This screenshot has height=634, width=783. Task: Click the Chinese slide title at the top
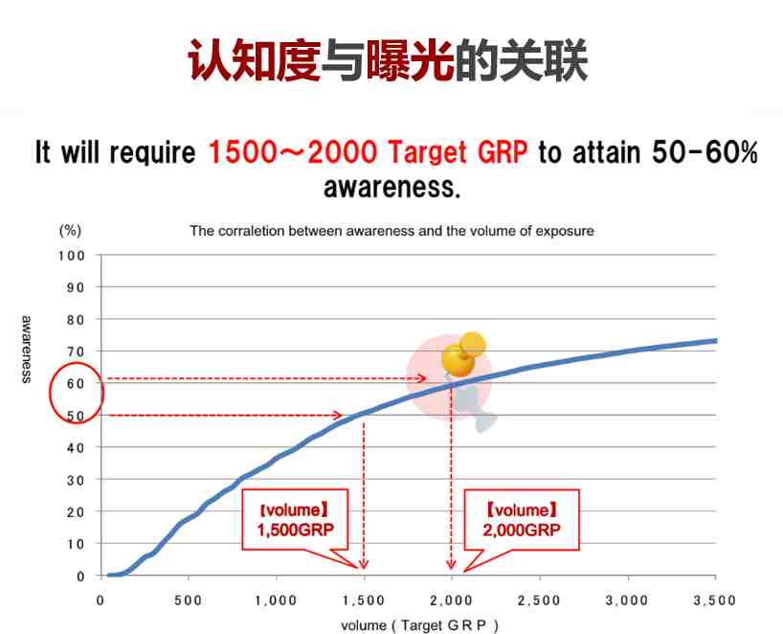coord(388,61)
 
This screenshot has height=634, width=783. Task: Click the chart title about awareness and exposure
coord(392,231)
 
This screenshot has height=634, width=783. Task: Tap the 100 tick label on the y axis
coord(72,256)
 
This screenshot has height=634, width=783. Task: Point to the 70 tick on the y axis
coord(76,351)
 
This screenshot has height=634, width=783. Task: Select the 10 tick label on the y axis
coord(76,544)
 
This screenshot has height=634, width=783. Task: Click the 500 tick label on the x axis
coord(189,600)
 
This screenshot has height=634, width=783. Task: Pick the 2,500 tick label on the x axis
coord(539,600)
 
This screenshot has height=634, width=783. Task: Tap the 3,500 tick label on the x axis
coord(715,600)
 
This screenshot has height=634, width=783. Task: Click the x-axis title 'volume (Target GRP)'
coord(420,625)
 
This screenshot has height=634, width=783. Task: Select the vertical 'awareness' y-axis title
coord(27,350)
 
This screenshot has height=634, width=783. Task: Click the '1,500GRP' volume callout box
coord(295,520)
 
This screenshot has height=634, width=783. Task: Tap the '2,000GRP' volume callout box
coord(522,520)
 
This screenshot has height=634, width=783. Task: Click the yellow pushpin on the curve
coord(463,354)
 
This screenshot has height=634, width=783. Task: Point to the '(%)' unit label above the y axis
coord(70,230)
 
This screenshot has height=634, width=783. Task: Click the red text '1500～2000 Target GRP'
coord(368,152)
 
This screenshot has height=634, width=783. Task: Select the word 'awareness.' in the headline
coord(391,187)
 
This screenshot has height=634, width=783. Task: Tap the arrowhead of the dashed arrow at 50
coord(338,416)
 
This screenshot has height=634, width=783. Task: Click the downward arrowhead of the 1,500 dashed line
coord(364,564)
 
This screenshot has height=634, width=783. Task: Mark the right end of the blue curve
coord(717,341)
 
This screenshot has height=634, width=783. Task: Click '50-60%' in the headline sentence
coord(705,152)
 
